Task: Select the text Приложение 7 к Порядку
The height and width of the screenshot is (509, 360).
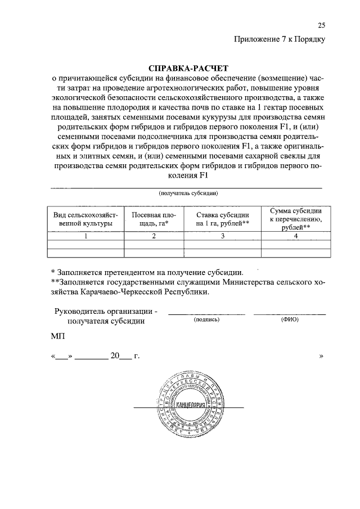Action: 280,39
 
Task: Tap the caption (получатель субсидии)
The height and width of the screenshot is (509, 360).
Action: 188,193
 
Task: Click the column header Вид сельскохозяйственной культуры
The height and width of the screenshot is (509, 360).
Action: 85,219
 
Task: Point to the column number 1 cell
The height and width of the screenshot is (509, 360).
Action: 85,236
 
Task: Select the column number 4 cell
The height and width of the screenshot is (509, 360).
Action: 295,236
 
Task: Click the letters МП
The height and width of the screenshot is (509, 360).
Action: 58,336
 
